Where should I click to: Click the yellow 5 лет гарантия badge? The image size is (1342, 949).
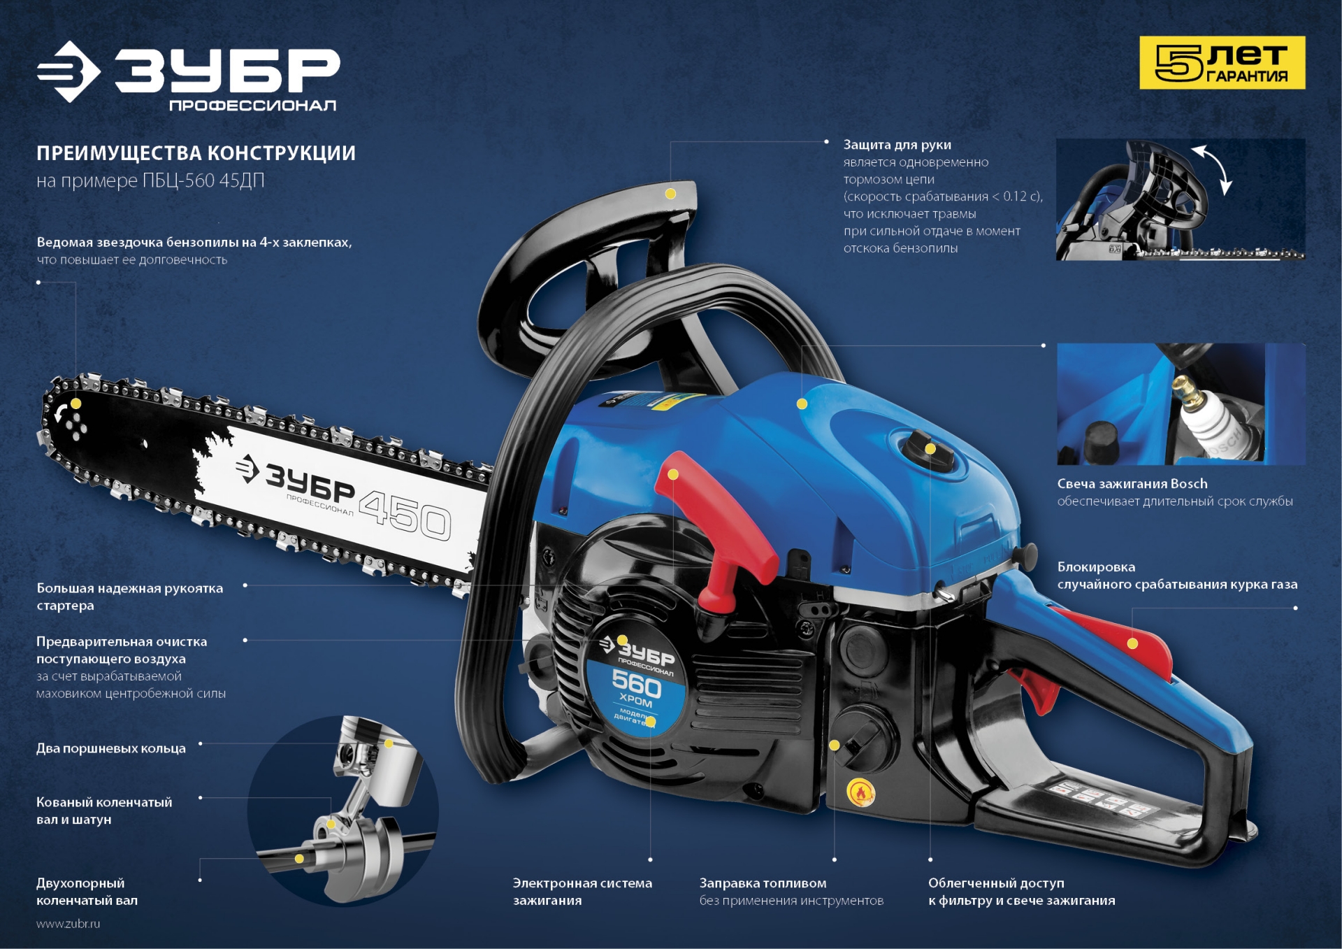point(1222,63)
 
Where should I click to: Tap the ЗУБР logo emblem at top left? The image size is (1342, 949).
point(68,71)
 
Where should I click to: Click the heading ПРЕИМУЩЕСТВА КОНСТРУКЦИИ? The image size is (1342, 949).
point(196,153)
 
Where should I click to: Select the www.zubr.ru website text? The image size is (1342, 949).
point(68,923)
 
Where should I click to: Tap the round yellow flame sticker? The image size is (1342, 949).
point(860,793)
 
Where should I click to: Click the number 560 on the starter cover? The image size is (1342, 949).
point(636,683)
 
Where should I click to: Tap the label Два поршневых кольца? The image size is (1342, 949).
point(111,748)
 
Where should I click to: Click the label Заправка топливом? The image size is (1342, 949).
point(763,883)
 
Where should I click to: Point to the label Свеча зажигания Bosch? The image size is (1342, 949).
point(1132,483)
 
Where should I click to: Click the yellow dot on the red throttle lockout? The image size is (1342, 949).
point(1132,643)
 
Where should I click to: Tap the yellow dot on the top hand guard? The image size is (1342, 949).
point(670,194)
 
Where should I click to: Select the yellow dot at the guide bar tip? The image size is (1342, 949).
point(76,404)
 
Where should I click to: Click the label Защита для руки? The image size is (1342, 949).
point(897,145)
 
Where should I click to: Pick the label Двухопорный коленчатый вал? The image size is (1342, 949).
point(87,892)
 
